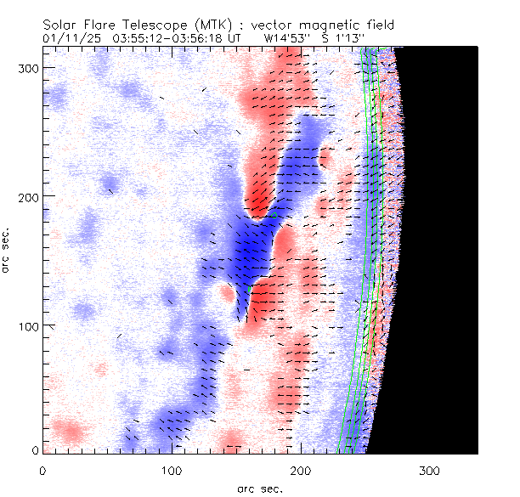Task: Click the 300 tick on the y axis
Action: [x=26, y=67]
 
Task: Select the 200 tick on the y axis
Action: [x=26, y=196]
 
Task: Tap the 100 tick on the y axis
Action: [x=26, y=326]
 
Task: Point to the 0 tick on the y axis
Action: [x=33, y=449]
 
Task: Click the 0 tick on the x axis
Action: [x=42, y=469]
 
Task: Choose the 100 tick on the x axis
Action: [x=172, y=469]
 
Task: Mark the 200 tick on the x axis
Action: [x=301, y=469]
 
